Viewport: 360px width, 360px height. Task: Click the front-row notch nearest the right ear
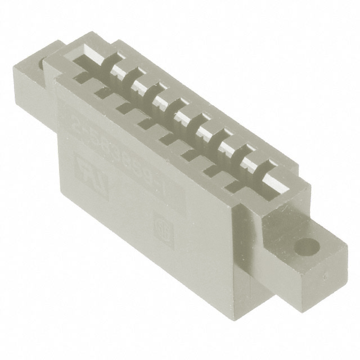tap(236, 182)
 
